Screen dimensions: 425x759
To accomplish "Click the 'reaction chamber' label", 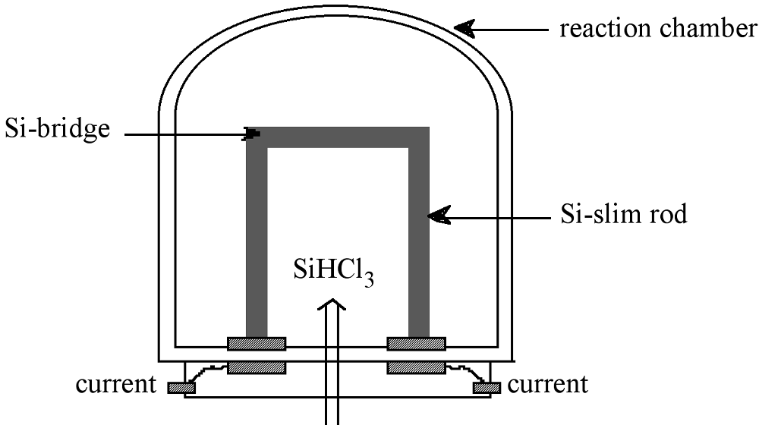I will point(658,30).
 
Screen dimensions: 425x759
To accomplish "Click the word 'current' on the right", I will point(547,384).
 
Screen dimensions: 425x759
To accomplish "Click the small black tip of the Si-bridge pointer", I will point(253,134).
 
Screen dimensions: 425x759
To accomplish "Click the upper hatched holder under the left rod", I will point(257,344).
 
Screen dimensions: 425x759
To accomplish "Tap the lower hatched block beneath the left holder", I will point(257,367).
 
